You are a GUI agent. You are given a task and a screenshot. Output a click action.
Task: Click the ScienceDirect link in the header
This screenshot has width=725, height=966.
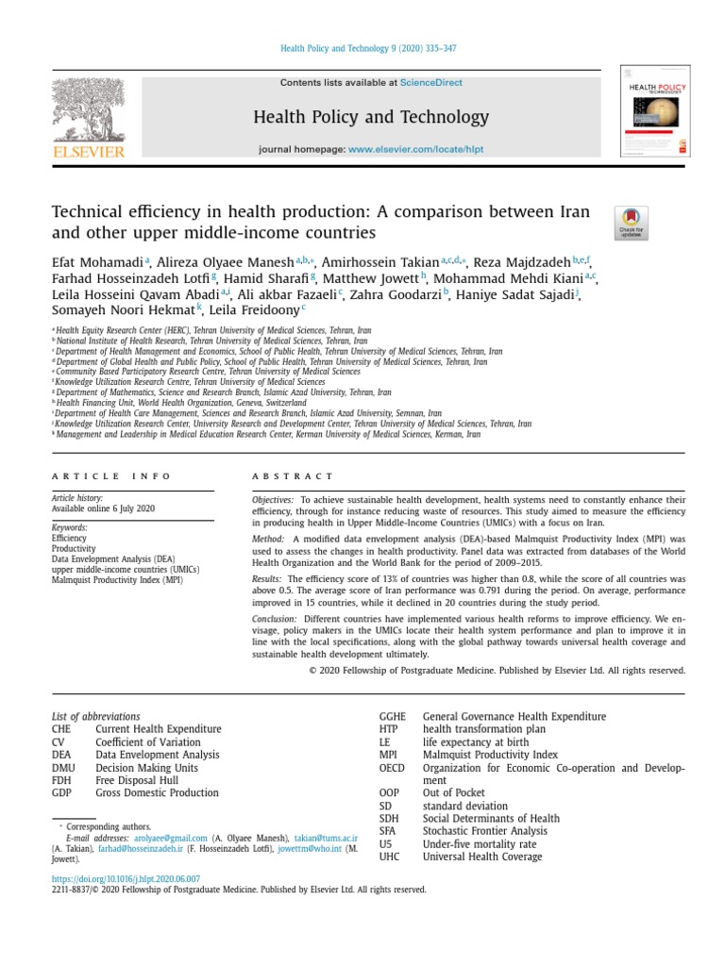point(431,83)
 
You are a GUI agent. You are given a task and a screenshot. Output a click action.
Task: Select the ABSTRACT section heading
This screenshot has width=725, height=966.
point(293,477)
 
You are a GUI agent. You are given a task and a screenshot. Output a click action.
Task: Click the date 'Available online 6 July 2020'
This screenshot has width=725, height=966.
point(103,508)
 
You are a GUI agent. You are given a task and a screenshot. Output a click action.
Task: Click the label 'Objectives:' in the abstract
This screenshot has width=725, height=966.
point(273,498)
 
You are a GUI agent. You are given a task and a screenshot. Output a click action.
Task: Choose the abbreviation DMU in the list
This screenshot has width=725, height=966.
point(62,768)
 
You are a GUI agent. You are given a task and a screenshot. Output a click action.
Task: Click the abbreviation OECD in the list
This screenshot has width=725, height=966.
point(392,768)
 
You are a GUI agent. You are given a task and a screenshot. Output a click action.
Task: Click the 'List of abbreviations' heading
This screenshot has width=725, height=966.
point(95,716)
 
